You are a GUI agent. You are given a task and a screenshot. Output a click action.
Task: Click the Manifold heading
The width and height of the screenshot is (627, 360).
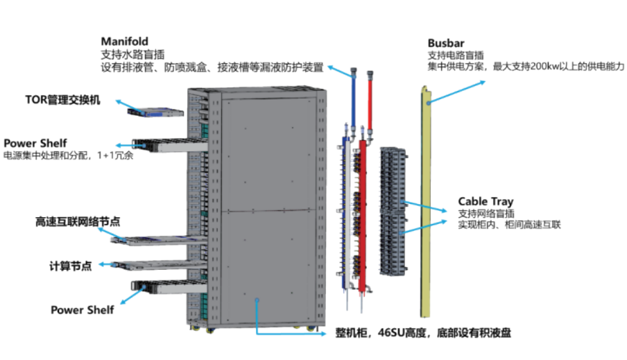[124, 42]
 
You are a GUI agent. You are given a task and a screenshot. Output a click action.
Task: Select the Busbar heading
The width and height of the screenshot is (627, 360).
[445, 42]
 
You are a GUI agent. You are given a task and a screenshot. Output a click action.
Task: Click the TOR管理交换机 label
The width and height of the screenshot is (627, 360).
[63, 100]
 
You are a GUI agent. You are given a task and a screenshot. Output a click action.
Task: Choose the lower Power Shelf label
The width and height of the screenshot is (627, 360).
[82, 310]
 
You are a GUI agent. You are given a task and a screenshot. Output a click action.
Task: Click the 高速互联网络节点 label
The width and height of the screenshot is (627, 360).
[78, 222]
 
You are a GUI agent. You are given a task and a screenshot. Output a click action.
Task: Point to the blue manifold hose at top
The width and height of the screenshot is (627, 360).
[353, 97]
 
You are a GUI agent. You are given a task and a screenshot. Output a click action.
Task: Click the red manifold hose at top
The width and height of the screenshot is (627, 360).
[370, 97]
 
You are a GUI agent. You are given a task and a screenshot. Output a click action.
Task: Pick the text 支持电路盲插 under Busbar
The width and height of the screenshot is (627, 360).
[455, 55]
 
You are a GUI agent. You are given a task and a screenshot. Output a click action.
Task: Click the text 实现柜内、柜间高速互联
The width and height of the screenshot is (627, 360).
[509, 225]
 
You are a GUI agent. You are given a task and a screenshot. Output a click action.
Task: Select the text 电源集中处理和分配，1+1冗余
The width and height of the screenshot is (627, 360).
[68, 155]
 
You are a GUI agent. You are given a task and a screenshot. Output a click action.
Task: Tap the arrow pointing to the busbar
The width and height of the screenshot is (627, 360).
[458, 91]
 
